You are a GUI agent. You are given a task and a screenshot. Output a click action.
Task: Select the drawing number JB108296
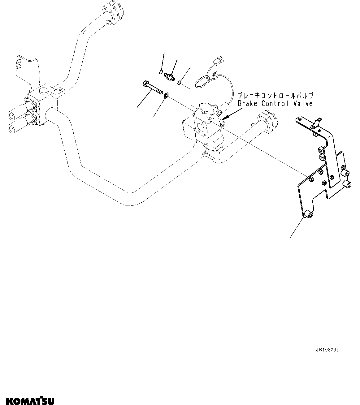pyautogui.click(x=327, y=350)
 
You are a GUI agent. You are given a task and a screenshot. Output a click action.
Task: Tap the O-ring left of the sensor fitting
pyautogui.click(x=161, y=72)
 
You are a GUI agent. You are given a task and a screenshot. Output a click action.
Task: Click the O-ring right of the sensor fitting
pyautogui.click(x=180, y=82)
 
